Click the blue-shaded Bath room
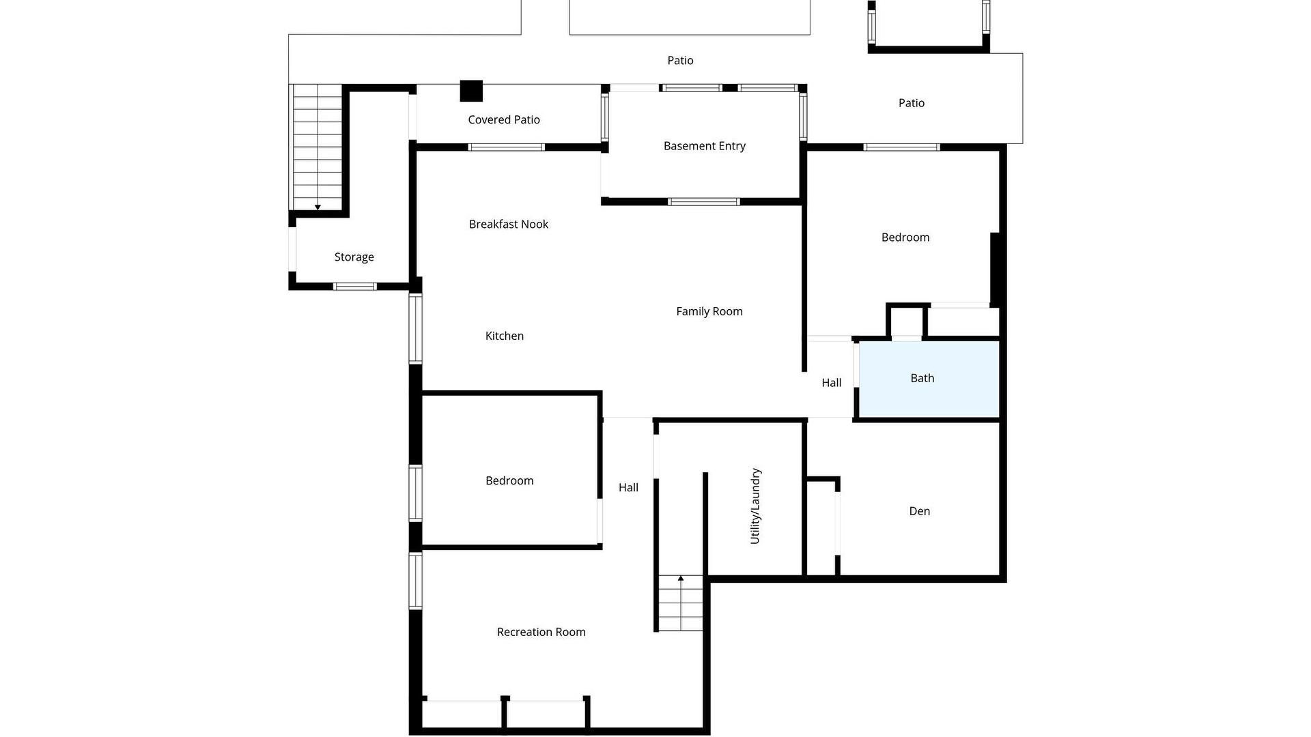click(x=929, y=379)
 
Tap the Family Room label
click(x=709, y=311)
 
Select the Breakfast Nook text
click(x=509, y=224)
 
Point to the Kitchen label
click(x=505, y=336)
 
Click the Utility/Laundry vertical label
click(x=755, y=506)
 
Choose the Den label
click(x=920, y=511)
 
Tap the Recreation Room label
click(x=541, y=632)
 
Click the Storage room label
click(x=354, y=257)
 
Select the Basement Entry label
click(x=705, y=146)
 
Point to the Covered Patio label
click(x=504, y=119)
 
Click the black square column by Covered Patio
click(x=471, y=91)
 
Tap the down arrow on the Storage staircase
click(x=318, y=207)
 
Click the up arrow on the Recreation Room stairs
click(x=681, y=579)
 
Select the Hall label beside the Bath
click(x=832, y=383)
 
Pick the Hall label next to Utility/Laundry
click(x=629, y=487)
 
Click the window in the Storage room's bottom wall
click(x=354, y=287)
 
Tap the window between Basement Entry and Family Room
click(x=703, y=201)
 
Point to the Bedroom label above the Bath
click(x=905, y=237)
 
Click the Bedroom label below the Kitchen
click(x=509, y=481)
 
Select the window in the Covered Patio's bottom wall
click(x=506, y=147)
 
